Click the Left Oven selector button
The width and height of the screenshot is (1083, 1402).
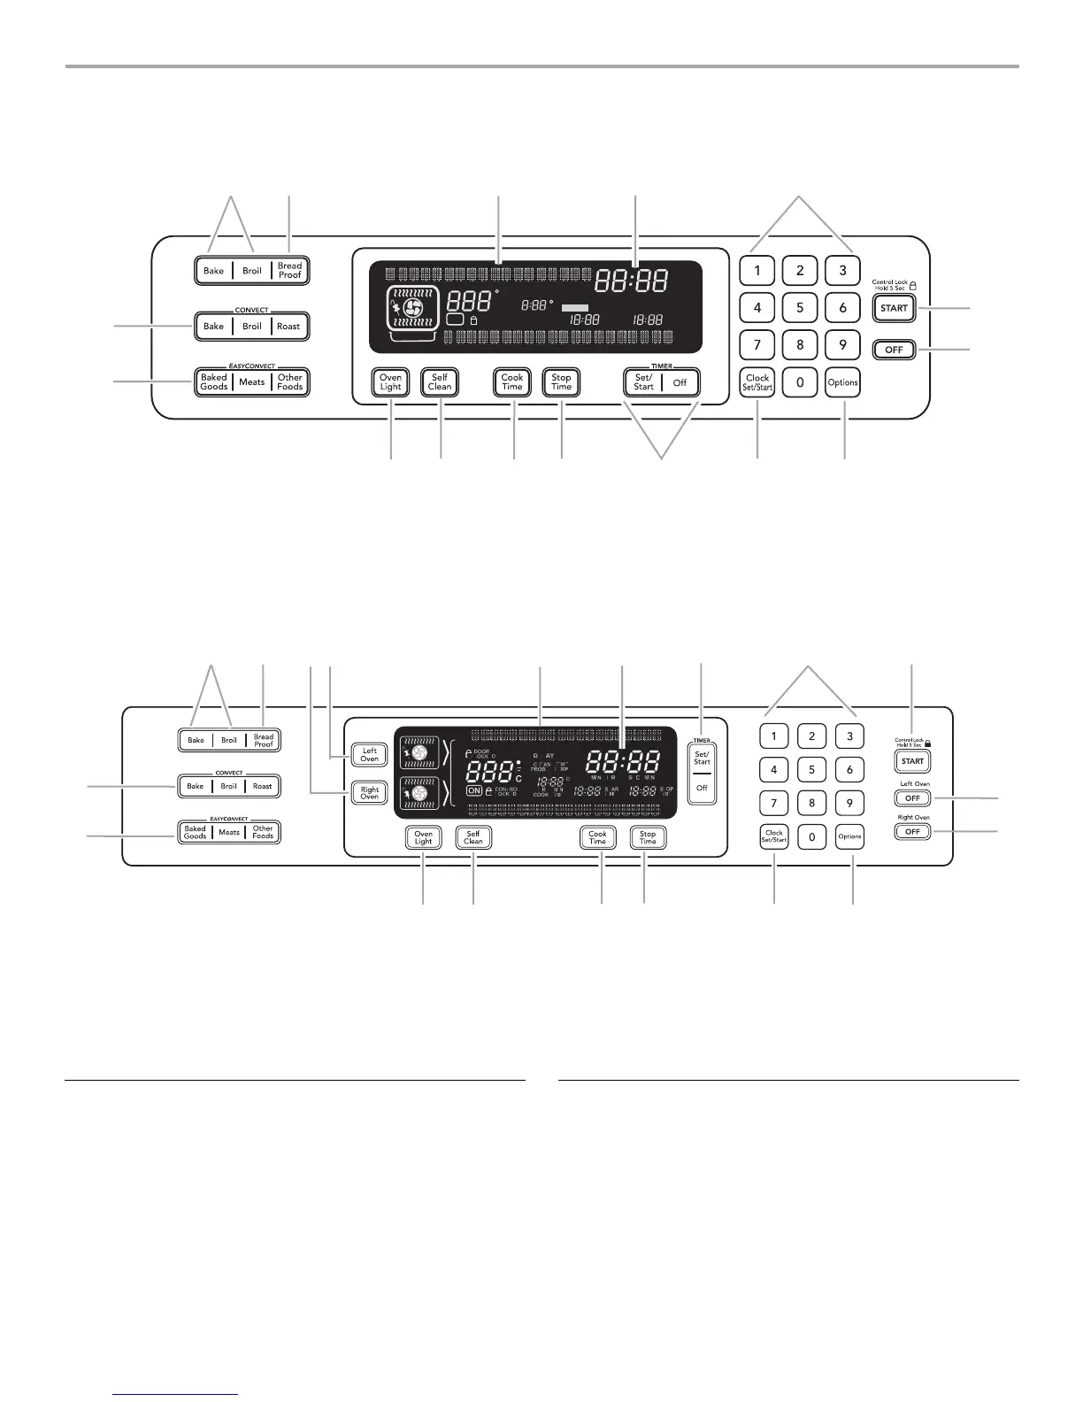[369, 754]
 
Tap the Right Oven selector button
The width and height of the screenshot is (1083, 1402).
[369, 793]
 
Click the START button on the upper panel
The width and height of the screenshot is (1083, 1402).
[894, 308]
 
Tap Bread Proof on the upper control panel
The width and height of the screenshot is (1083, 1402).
[290, 271]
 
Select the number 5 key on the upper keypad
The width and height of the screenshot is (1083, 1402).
[800, 308]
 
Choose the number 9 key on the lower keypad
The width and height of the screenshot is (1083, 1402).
[849, 804]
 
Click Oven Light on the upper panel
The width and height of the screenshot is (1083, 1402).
[390, 382]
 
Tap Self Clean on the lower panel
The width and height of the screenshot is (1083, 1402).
[473, 837]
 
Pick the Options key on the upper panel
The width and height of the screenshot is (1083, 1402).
[843, 382]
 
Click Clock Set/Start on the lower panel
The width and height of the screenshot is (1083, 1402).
[774, 837]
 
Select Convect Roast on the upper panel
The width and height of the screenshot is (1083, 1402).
[288, 327]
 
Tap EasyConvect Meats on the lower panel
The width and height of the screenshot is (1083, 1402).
[229, 832]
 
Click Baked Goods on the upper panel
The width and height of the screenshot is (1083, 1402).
[214, 382]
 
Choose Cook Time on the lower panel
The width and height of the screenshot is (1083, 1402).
[598, 837]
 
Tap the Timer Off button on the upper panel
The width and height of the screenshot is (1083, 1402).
[680, 382]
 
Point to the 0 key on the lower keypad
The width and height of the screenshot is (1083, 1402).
[811, 837]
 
